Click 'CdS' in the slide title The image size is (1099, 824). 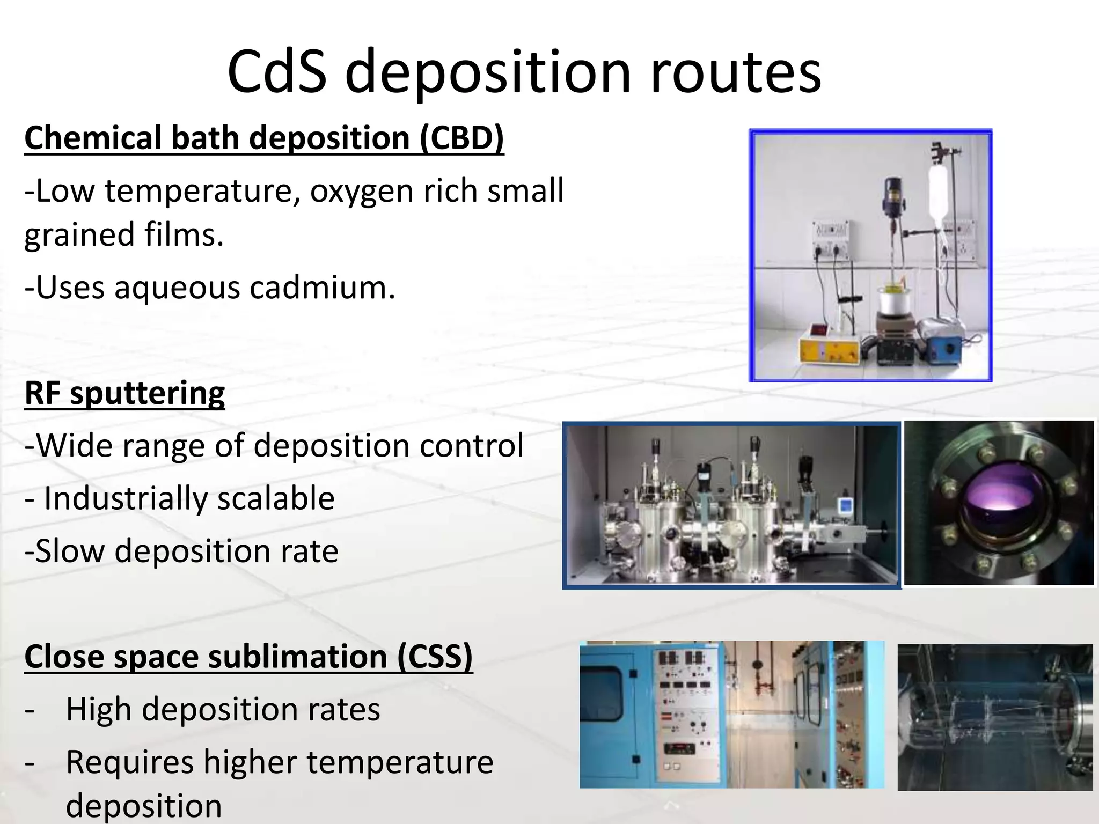click(x=276, y=72)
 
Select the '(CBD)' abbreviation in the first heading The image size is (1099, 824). click(x=461, y=138)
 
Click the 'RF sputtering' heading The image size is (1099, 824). click(x=124, y=393)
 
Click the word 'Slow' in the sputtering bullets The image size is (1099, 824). click(x=70, y=551)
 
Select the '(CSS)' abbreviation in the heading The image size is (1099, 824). click(x=435, y=657)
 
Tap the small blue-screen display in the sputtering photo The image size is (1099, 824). click(x=846, y=506)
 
